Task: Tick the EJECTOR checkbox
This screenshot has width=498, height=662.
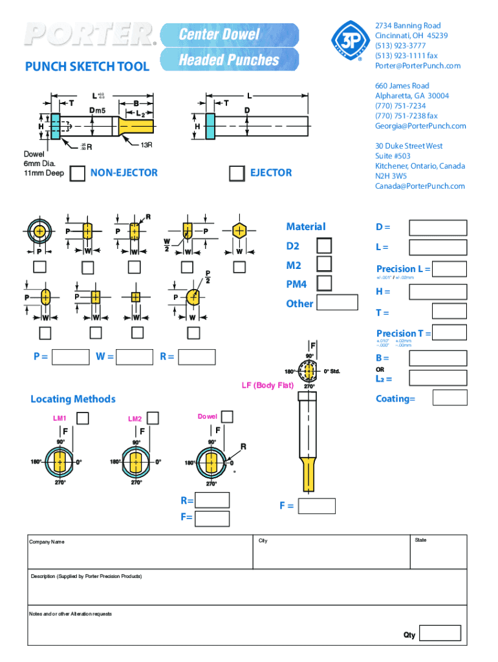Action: pyautogui.click(x=238, y=173)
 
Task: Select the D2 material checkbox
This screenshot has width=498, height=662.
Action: pyautogui.click(x=324, y=246)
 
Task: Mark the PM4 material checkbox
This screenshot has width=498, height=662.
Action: pyautogui.click(x=324, y=283)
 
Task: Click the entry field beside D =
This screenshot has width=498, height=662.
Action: pyautogui.click(x=438, y=228)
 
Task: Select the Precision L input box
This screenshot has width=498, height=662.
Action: pyautogui.click(x=449, y=269)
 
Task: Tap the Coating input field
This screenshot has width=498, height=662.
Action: pyautogui.click(x=449, y=398)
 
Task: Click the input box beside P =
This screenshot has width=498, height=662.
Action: pyautogui.click(x=71, y=356)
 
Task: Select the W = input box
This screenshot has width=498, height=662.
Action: pyautogui.click(x=136, y=356)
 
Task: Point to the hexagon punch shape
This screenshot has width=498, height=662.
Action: pyautogui.click(x=239, y=231)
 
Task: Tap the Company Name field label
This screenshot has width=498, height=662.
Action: pyautogui.click(x=47, y=542)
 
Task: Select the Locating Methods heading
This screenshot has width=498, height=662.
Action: pyautogui.click(x=73, y=399)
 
